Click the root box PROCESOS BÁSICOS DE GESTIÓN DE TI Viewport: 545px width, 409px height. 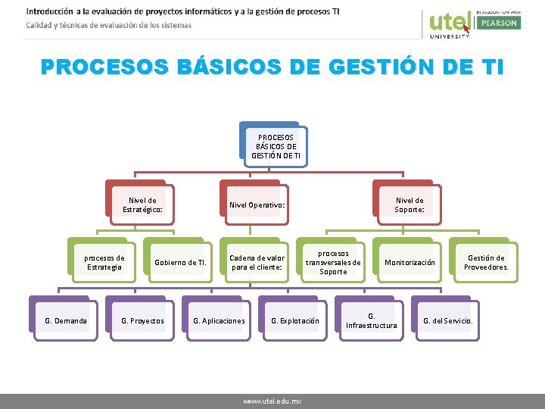pyautogui.click(x=276, y=146)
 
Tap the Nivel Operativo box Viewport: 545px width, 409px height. pyautogui.click(x=257, y=205)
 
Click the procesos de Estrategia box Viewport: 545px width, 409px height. pyautogui.click(x=104, y=262)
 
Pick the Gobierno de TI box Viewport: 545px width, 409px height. pyautogui.click(x=180, y=263)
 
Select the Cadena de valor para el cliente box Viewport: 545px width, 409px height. pyautogui.click(x=257, y=262)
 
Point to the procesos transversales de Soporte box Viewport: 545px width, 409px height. pyautogui.click(x=333, y=262)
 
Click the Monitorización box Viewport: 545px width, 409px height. pyautogui.click(x=410, y=263)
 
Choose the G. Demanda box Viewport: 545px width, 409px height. pyautogui.click(x=66, y=321)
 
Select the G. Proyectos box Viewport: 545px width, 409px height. pyautogui.click(x=142, y=321)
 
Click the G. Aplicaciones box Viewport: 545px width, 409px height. pyautogui.click(x=219, y=321)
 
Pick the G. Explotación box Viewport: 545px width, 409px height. pyautogui.click(x=295, y=321)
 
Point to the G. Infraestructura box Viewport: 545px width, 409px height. pyautogui.click(x=371, y=320)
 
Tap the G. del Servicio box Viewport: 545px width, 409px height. pyautogui.click(x=447, y=321)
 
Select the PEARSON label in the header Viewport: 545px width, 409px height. pyautogui.click(x=498, y=23)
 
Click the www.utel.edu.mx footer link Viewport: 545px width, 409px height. pyautogui.click(x=272, y=401)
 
